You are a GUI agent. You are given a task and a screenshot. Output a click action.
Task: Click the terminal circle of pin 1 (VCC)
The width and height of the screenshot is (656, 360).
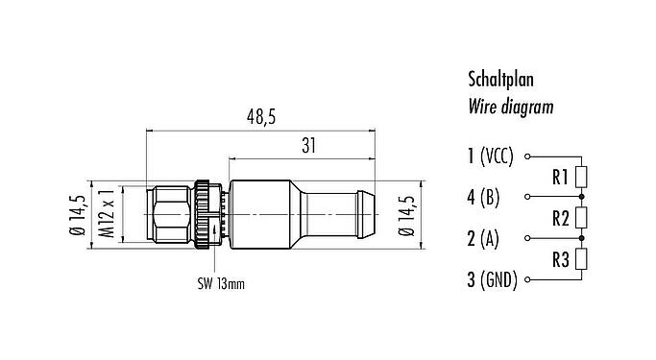click(529, 155)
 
